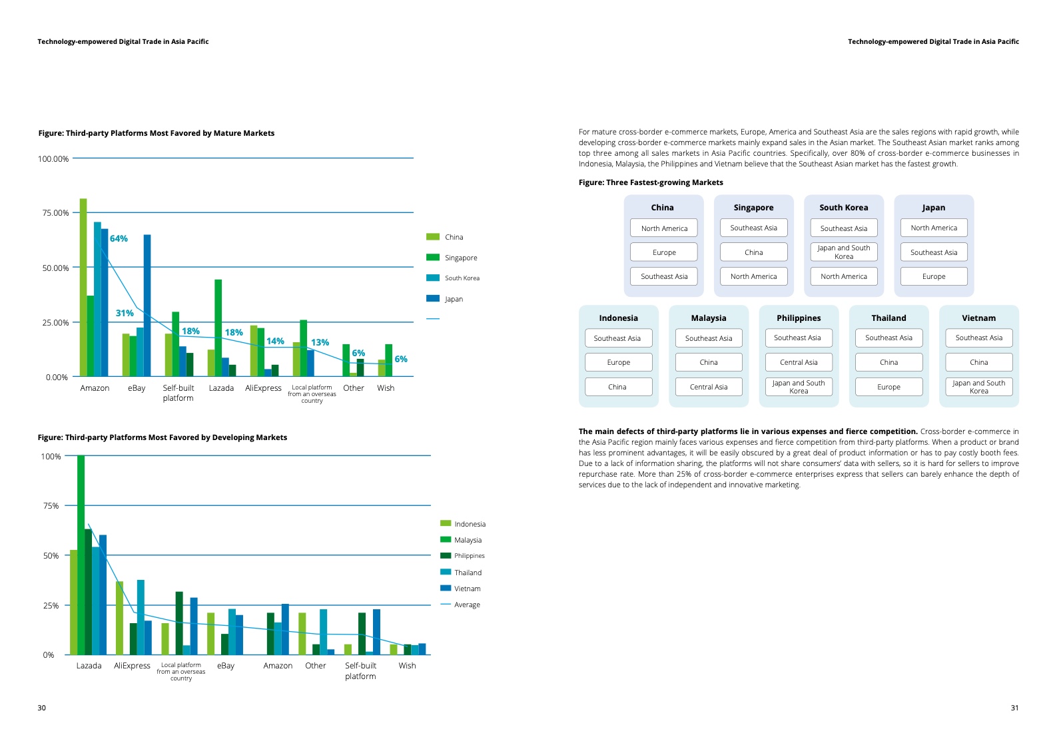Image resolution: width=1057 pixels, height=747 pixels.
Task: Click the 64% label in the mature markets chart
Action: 119,238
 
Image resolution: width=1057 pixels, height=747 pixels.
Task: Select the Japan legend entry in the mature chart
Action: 454,299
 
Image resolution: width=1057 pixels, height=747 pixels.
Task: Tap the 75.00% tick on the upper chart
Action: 55,213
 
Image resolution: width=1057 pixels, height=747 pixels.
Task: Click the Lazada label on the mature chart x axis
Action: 221,388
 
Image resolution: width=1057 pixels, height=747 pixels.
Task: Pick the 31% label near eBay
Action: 125,313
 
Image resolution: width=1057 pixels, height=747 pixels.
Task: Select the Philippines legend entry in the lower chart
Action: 469,556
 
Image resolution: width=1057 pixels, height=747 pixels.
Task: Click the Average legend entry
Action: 467,605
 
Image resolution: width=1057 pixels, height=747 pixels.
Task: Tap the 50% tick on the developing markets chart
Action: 51,556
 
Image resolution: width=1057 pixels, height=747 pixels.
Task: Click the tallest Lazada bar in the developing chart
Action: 81,555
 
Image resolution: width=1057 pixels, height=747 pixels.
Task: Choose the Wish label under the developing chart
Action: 407,666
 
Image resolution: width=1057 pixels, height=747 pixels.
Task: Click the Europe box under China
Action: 664,252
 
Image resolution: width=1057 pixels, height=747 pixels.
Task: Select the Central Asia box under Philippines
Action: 799,362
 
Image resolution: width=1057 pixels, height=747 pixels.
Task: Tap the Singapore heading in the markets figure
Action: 753,208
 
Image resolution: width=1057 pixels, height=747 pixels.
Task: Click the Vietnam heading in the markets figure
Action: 978,318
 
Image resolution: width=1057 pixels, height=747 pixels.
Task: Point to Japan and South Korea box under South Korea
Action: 844,252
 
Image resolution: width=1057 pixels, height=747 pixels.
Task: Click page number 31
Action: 1014,708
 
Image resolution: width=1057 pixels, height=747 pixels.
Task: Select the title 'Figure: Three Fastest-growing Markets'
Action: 651,182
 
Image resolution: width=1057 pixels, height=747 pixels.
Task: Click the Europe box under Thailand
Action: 888,387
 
